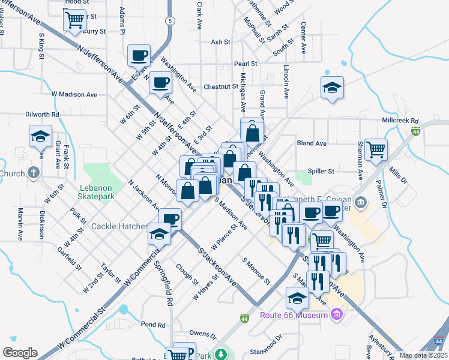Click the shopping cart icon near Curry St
click(74, 20)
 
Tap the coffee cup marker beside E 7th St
click(139, 56)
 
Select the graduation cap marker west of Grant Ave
click(40, 136)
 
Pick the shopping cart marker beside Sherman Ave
click(376, 149)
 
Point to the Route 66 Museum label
click(294, 315)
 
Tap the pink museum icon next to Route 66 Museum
click(336, 314)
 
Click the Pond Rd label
click(154, 325)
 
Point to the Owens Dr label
click(202, 334)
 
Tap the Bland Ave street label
click(312, 143)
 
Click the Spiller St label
click(320, 171)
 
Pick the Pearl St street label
click(246, 63)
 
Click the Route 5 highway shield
click(171, 20)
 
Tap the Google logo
click(20, 352)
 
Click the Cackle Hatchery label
click(119, 226)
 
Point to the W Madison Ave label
click(74, 94)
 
